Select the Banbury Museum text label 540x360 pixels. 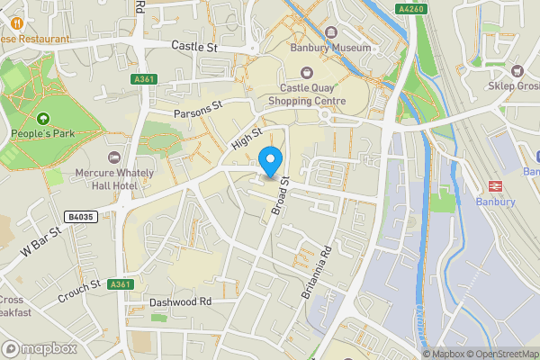[x=329, y=48]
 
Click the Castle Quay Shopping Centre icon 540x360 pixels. [x=306, y=72]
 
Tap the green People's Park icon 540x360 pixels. [x=43, y=119]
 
